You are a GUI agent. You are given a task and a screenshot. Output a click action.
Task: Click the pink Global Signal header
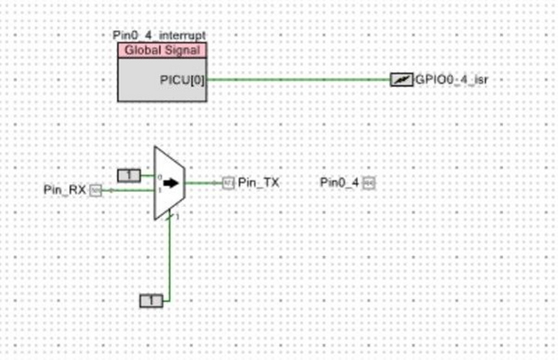(x=162, y=51)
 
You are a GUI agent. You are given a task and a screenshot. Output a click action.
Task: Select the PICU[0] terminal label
(x=182, y=80)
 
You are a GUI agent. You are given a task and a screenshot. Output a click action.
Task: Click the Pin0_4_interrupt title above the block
(x=160, y=35)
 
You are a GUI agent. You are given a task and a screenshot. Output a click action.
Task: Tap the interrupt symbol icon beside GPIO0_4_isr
(x=402, y=80)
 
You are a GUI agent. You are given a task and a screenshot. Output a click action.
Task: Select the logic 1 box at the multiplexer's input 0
(x=129, y=175)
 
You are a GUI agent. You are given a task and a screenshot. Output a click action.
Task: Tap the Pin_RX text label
(x=65, y=189)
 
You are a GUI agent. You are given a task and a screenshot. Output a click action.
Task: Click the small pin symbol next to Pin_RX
(x=96, y=189)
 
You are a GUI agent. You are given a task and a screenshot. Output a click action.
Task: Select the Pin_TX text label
(x=259, y=182)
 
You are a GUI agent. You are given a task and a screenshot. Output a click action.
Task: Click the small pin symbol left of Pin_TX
(x=228, y=182)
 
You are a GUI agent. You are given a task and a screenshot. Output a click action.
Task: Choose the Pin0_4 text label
(x=339, y=182)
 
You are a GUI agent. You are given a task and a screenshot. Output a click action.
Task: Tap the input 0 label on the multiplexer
(x=159, y=178)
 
